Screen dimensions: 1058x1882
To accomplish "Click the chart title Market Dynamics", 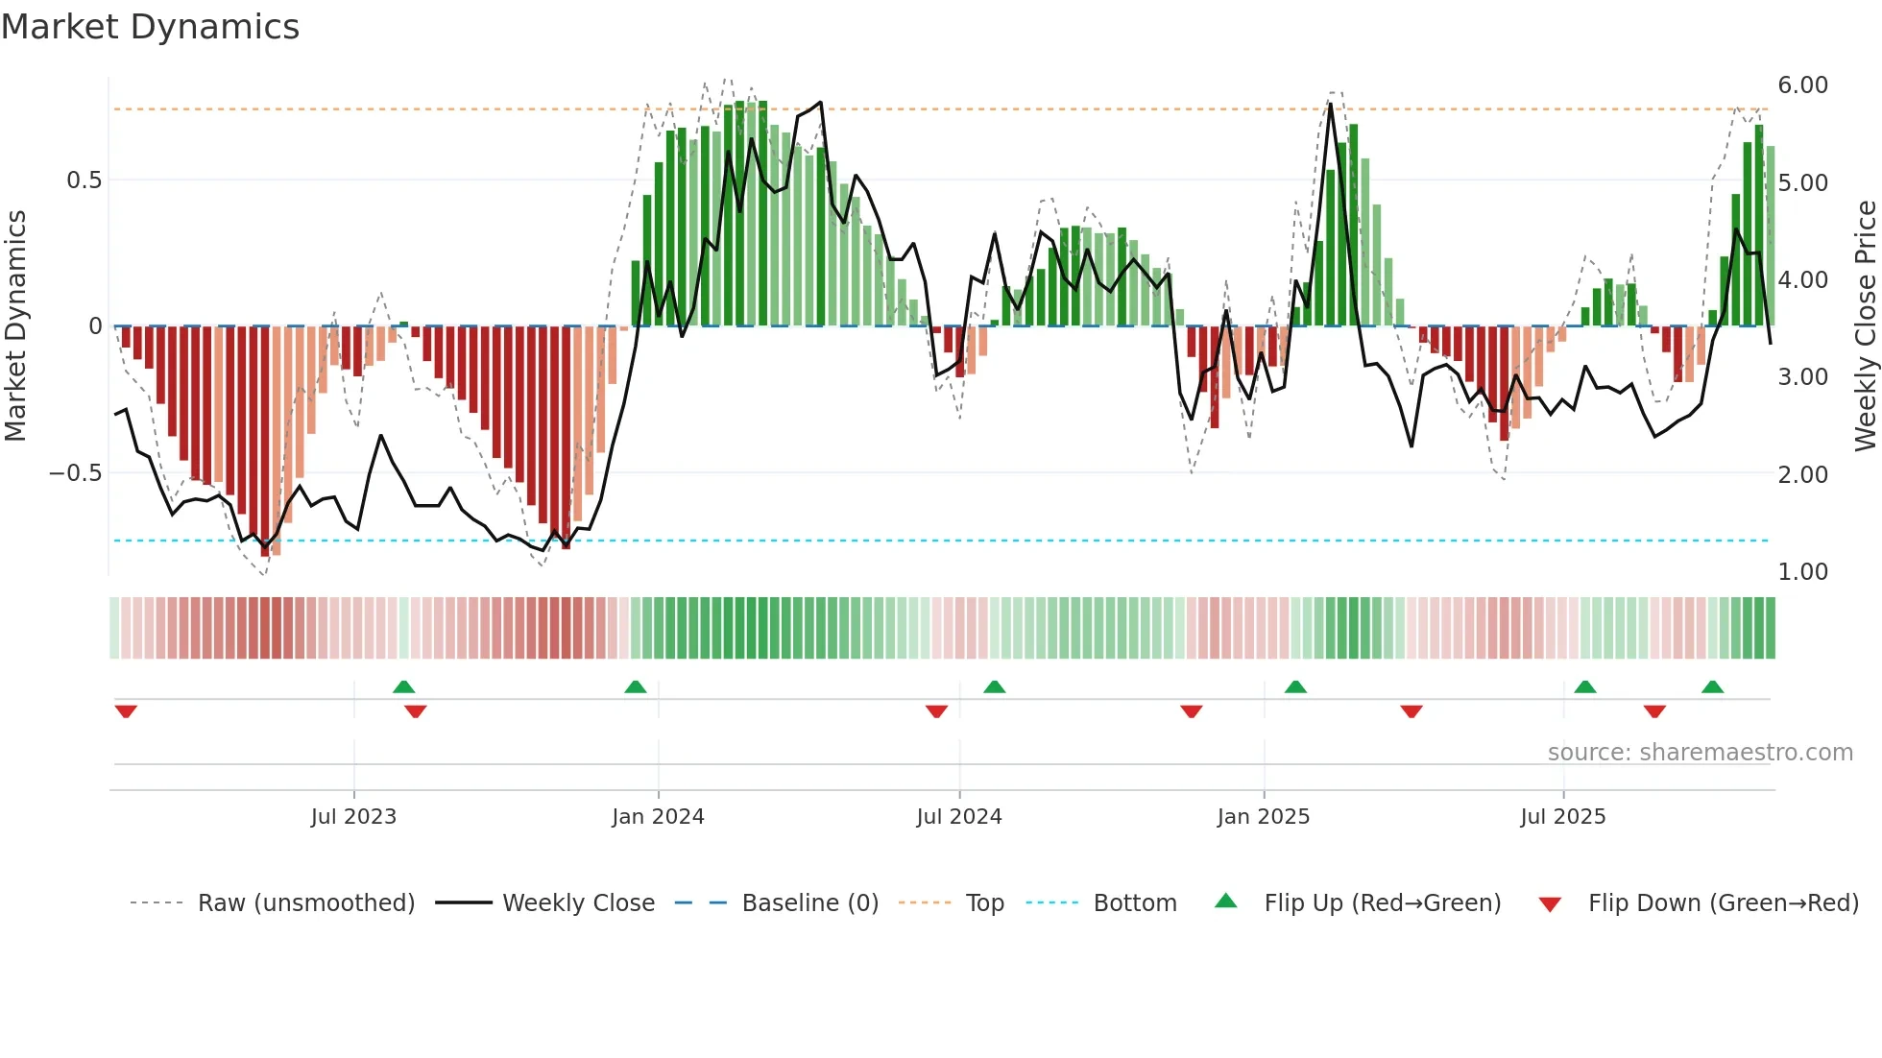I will (x=150, y=27).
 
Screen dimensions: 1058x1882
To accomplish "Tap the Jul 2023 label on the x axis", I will (x=353, y=817).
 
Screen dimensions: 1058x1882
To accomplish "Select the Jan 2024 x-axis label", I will (x=658, y=817).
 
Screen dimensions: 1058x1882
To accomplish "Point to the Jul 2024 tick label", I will (x=958, y=817).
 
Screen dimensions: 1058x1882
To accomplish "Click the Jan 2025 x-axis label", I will (x=1263, y=817).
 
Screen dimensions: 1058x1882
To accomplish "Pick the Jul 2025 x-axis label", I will (x=1562, y=817).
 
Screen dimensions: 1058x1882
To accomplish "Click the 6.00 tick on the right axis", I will (x=1802, y=85).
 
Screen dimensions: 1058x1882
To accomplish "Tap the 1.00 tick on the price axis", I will (x=1802, y=572).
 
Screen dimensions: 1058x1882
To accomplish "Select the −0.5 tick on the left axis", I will (x=75, y=473).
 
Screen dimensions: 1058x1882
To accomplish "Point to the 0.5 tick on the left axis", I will (x=84, y=180).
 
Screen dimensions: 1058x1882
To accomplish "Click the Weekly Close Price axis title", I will (x=1865, y=326).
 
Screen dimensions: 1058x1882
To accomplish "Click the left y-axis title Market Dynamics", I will (x=15, y=326).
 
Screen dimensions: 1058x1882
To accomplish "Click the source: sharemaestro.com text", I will (x=1700, y=753).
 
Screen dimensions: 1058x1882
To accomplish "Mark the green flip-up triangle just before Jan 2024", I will (x=635, y=686).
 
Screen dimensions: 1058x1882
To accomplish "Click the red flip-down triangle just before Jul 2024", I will (x=936, y=711).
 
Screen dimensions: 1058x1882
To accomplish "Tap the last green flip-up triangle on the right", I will (x=1712, y=686).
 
